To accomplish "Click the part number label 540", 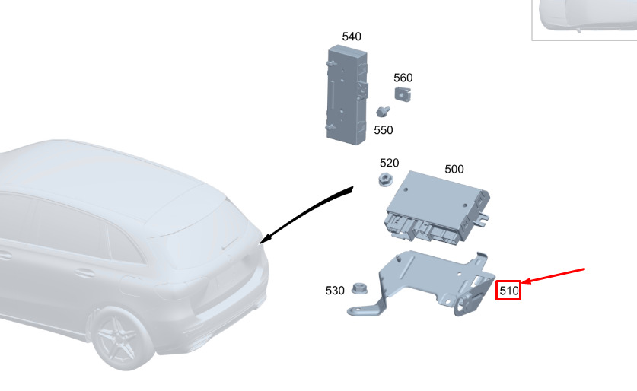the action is coord(352,37).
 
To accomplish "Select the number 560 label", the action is coord(403,78).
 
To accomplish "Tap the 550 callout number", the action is coord(384,130).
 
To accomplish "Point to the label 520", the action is coord(389,163).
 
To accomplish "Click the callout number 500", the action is coord(454,169).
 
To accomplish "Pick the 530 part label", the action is coord(335,291).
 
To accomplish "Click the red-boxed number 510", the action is coord(508,291).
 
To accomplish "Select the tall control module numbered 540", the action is coord(347,95).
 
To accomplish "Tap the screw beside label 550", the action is coord(383,111).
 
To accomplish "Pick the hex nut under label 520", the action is coord(385,179).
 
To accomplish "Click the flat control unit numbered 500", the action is coord(437,208).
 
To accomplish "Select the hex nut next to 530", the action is coord(359,288).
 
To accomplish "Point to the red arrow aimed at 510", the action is coord(553,276).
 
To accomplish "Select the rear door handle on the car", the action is coord(84,273).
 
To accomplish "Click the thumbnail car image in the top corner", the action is coord(584,20).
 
